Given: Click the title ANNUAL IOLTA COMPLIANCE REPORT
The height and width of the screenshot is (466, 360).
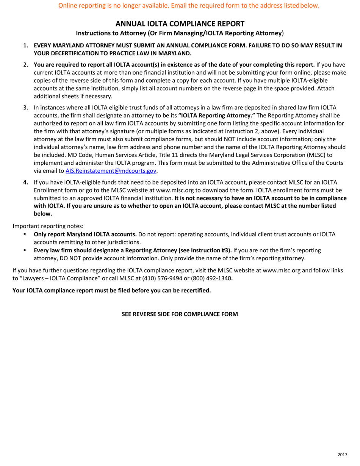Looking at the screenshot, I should (180, 23).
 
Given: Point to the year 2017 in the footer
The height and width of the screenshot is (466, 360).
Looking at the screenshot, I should (343, 454).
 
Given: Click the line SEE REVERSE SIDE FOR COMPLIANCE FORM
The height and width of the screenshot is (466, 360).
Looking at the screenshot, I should (180, 314).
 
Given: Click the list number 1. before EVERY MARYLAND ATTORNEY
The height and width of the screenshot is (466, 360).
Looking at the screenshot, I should (26, 45).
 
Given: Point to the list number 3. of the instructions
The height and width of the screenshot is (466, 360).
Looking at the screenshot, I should (26, 108).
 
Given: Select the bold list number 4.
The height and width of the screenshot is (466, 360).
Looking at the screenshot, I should (26, 182).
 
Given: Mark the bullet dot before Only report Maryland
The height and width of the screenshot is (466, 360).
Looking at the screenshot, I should (25, 234).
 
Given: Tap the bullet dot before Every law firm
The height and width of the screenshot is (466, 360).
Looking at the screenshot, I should (25, 250).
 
